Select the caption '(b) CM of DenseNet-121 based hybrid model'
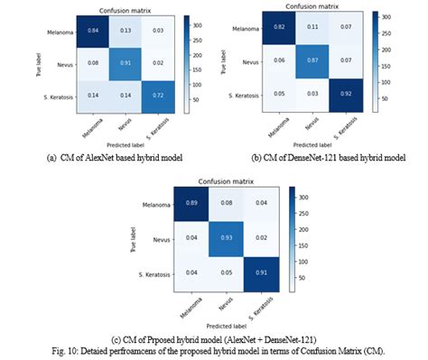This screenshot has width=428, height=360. click(x=316, y=158)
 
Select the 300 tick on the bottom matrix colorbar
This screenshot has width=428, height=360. click(x=311, y=198)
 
